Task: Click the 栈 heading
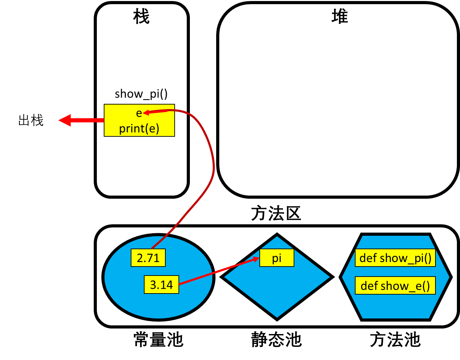141,17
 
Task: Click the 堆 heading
340,17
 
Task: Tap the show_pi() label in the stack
141,94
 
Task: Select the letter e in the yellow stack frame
139,113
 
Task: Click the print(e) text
139,128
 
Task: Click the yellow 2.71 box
148,258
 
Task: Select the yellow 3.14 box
161,285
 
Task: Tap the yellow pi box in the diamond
277,258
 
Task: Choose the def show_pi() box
395,258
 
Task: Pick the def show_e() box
395,286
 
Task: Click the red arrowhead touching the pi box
256,259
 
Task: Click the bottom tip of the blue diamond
277,319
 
